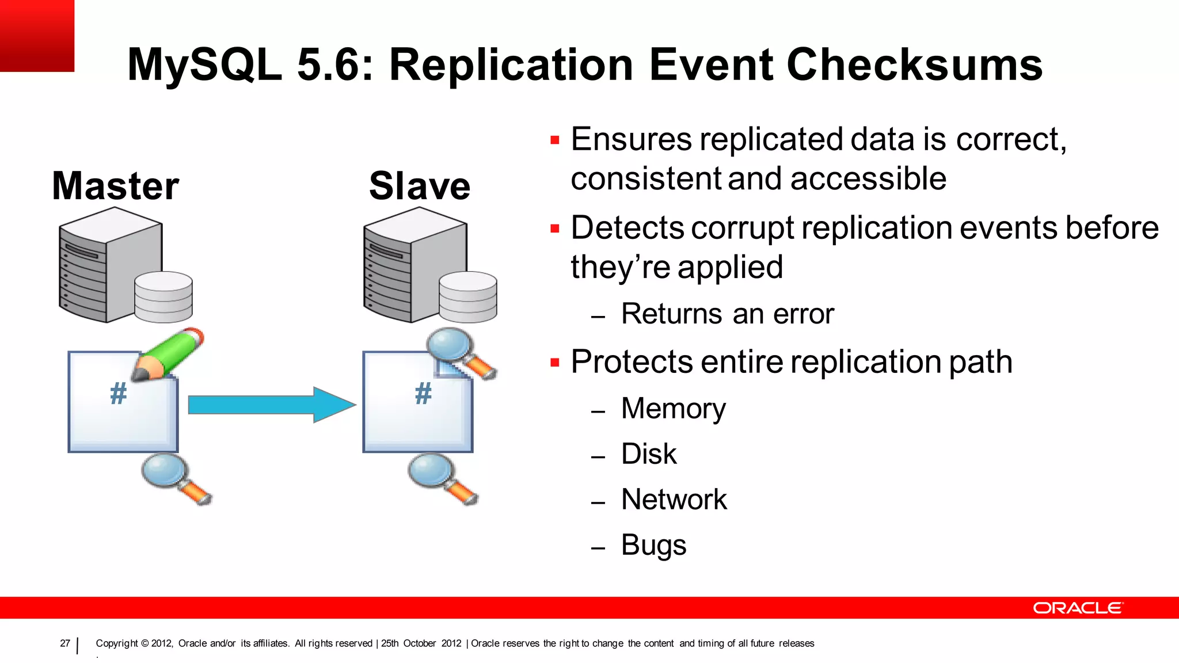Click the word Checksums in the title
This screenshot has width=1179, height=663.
(914, 64)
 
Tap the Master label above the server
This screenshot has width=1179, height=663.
(115, 186)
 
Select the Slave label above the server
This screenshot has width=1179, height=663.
(420, 186)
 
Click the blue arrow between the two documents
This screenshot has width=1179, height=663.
(271, 405)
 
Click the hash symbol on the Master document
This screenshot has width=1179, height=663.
(118, 394)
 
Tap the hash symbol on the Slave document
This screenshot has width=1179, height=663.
(423, 394)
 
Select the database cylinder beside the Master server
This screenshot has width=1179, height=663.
(163, 297)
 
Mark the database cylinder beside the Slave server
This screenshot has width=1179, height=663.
(468, 297)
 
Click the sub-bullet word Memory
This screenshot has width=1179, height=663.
(674, 409)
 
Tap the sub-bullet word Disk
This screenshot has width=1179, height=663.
(649, 454)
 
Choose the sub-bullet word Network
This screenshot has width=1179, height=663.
(674, 500)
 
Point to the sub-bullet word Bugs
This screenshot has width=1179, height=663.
(654, 545)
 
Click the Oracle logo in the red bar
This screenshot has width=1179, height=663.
(1078, 608)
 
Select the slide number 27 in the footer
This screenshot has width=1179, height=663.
(65, 643)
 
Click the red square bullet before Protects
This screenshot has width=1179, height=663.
(555, 363)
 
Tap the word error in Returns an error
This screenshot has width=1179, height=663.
(804, 314)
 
